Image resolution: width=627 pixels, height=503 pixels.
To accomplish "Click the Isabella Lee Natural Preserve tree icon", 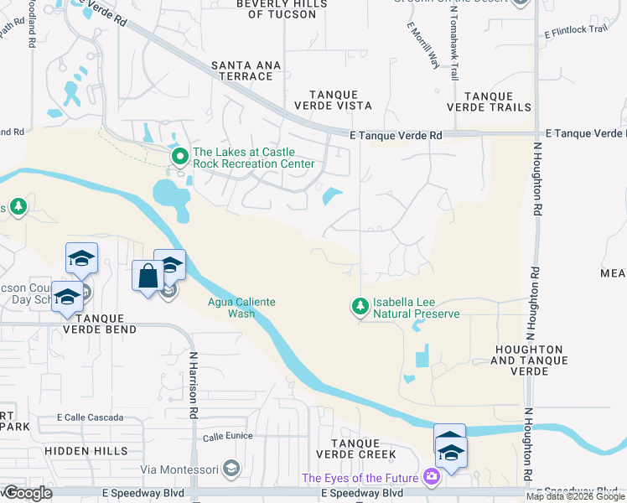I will [360, 307].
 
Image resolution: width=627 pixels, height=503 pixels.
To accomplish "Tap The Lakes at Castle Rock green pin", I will [179, 157].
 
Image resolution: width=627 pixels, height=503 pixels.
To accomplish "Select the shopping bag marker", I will [148, 277].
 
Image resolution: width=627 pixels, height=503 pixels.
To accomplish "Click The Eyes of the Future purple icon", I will [432, 478].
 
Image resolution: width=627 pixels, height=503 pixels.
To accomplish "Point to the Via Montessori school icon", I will [232, 468].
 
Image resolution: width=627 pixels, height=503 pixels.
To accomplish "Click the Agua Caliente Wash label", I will [241, 309].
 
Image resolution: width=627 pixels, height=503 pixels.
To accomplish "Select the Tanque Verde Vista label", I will [333, 101].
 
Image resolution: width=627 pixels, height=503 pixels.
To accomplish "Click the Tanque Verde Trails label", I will [489, 102].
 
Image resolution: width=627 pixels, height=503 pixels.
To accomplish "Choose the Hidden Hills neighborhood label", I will [80, 450].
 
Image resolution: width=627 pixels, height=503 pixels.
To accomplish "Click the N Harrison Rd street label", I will [193, 385].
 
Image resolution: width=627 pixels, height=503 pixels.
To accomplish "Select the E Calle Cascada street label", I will [90, 417].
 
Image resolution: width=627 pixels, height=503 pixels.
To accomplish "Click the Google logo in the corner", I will [28, 493].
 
